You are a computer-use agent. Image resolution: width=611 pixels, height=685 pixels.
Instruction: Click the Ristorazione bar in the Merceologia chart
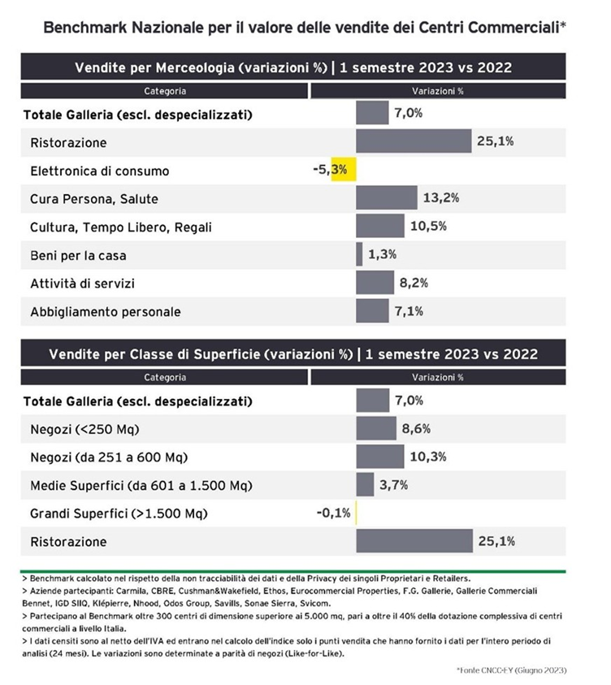(414, 141)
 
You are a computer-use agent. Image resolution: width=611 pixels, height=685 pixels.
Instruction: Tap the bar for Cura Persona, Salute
(386, 198)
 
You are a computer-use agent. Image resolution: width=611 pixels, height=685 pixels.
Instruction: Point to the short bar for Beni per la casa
(359, 254)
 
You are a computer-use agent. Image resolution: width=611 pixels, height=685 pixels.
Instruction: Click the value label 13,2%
(440, 198)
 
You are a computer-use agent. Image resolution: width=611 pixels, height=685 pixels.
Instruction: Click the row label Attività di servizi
(82, 283)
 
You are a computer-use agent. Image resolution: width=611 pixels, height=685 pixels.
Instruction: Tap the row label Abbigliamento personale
(106, 311)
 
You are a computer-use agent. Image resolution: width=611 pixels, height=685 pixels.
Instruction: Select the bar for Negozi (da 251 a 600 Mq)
(380, 457)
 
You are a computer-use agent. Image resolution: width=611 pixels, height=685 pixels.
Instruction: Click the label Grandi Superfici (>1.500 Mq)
(119, 514)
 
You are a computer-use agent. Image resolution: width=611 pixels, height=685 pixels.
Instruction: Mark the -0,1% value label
(334, 514)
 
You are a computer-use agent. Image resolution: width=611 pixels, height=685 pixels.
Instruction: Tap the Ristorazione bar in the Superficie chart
(414, 541)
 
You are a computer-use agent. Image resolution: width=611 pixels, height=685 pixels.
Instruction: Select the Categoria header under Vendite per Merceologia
(165, 91)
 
